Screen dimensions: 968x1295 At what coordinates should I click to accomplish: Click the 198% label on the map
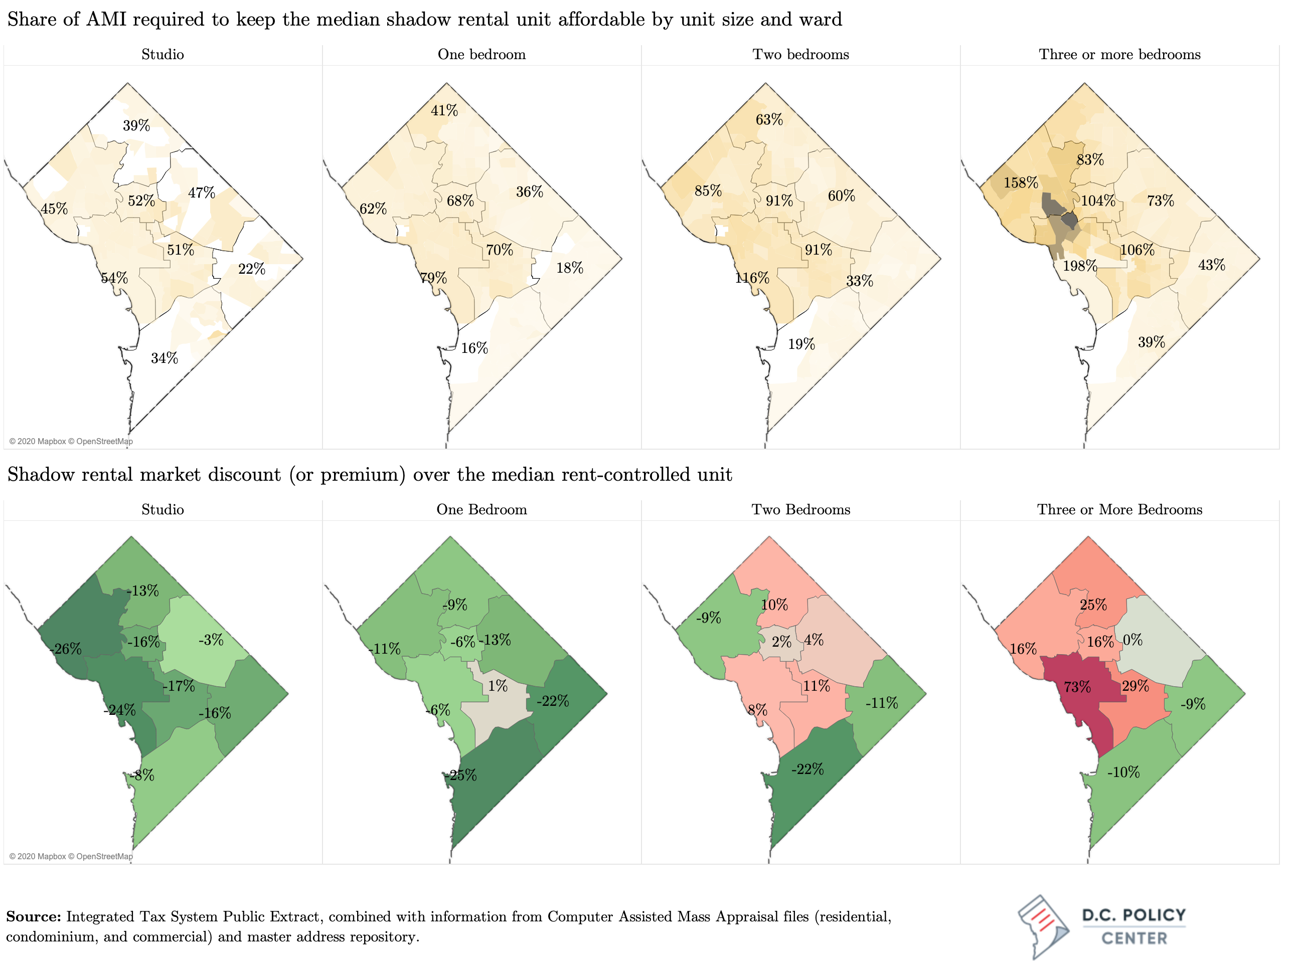(x=1079, y=266)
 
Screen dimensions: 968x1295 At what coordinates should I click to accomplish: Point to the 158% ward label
(x=1021, y=182)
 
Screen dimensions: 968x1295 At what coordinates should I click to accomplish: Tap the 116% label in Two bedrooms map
(x=752, y=278)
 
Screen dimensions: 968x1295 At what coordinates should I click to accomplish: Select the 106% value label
(x=1137, y=251)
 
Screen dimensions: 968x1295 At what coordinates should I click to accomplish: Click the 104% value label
(x=1098, y=201)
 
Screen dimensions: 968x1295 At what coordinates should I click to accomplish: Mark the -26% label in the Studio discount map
(x=66, y=649)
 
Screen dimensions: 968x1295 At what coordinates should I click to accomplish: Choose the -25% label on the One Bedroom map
(x=461, y=776)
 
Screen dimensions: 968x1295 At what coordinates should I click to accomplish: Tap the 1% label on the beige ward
(x=498, y=686)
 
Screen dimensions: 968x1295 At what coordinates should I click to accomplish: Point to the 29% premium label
(x=1135, y=686)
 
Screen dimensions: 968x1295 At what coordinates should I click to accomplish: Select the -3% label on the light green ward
(x=211, y=640)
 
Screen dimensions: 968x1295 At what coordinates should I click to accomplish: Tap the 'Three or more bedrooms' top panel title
(x=1119, y=55)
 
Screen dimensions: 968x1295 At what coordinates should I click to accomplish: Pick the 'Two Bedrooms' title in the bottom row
(x=800, y=510)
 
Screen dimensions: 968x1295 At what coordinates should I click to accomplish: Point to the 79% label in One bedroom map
(x=433, y=278)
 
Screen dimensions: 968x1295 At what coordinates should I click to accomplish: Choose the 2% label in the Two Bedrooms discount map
(x=781, y=642)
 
